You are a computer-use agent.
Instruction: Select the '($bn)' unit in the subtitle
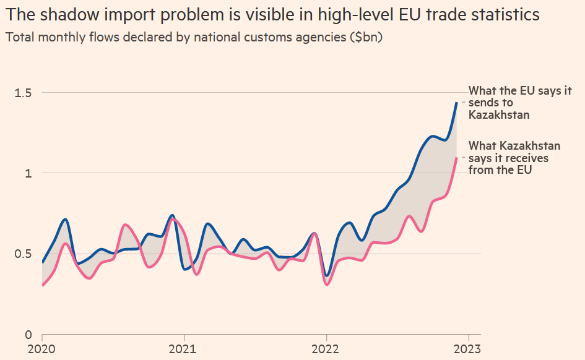[x=366, y=37]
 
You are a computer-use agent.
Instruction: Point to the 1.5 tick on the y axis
[x=24, y=93]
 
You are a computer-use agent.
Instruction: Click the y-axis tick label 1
[x=28, y=173]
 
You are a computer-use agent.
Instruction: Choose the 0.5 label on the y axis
[x=24, y=254]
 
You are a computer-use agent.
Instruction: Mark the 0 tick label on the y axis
[x=28, y=335]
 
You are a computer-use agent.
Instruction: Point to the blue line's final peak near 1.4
[x=456, y=103]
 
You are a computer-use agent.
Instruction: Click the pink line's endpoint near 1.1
[x=456, y=158]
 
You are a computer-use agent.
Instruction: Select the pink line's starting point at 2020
[x=43, y=285]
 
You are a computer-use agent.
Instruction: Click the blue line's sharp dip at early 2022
[x=327, y=276]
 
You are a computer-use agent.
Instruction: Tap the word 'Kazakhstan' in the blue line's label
[x=499, y=114]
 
